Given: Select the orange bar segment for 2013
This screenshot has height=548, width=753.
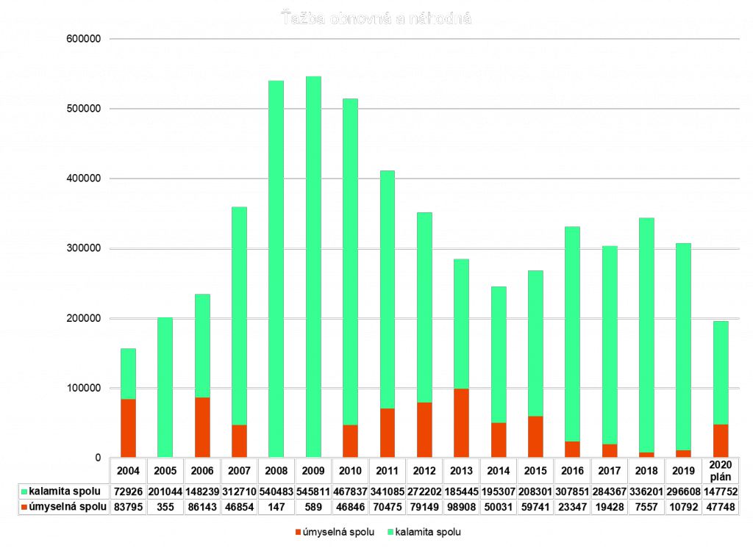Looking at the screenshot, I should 462,423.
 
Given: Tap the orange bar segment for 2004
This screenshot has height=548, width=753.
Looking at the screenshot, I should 128,428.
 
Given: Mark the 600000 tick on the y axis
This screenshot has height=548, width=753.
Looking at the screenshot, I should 82,39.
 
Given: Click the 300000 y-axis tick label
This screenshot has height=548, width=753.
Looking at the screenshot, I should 82,248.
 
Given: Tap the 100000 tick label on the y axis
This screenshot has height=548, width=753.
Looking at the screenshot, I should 82,388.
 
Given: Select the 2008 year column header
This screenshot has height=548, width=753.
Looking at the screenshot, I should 276,470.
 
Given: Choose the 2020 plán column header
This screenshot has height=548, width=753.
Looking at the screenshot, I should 721,470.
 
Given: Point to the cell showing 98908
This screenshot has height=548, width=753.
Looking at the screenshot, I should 462,507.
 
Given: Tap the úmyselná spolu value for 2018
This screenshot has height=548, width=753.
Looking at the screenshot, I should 646,507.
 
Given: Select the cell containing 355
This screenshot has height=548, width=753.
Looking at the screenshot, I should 165,507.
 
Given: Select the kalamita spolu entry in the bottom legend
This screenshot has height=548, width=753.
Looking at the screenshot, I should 427,531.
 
